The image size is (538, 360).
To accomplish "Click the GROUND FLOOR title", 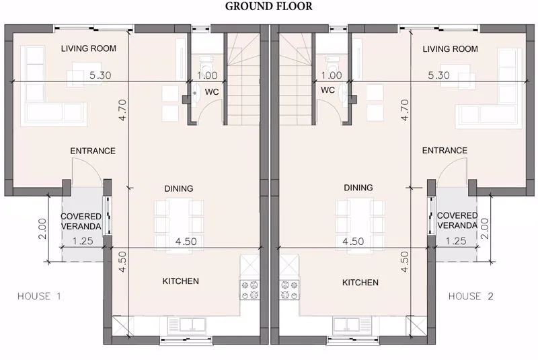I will pos(269,7).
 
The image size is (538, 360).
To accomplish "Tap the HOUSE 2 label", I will pos(474,296).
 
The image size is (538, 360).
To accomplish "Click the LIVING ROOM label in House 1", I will pos(88,48).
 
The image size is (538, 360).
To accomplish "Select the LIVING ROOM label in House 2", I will pos(451,49).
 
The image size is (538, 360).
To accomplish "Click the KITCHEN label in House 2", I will pos(360,283).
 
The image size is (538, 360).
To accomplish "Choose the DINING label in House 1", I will pos(178,188).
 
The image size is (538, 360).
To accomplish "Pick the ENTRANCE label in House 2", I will pos(445,151).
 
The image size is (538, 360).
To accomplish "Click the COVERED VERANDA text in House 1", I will pos(81,221).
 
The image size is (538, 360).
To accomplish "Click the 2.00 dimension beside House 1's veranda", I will pos(42,228).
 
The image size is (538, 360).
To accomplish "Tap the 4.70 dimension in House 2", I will pos(404,110).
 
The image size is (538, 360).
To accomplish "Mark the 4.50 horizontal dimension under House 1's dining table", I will pos(186,241).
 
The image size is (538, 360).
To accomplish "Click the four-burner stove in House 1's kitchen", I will pos(249,289).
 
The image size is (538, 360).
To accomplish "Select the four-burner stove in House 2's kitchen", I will pos(289,289).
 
